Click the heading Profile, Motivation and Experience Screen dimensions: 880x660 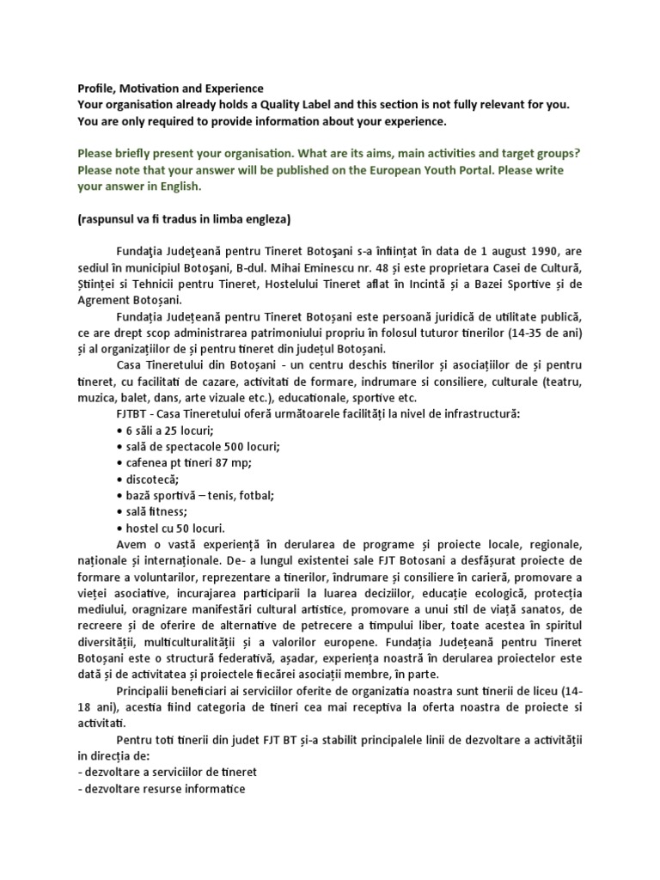[x=171, y=89]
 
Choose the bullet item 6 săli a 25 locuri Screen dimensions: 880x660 [x=163, y=430]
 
